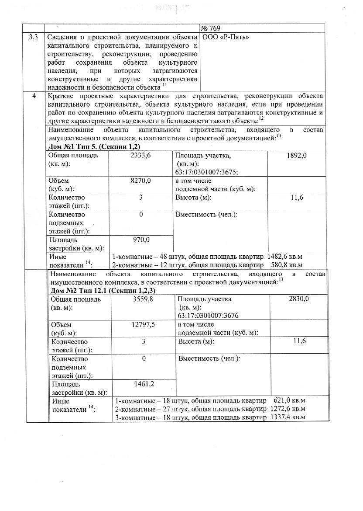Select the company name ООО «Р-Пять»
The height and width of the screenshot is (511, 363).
(226, 37)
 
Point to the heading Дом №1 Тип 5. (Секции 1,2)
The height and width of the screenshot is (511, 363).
(94, 146)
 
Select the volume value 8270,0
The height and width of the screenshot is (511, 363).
(141, 181)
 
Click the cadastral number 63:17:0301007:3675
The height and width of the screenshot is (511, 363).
(206, 172)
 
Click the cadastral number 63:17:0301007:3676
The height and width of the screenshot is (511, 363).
(208, 316)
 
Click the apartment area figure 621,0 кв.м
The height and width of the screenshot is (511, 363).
(289, 401)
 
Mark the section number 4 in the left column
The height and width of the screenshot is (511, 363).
(34, 96)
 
